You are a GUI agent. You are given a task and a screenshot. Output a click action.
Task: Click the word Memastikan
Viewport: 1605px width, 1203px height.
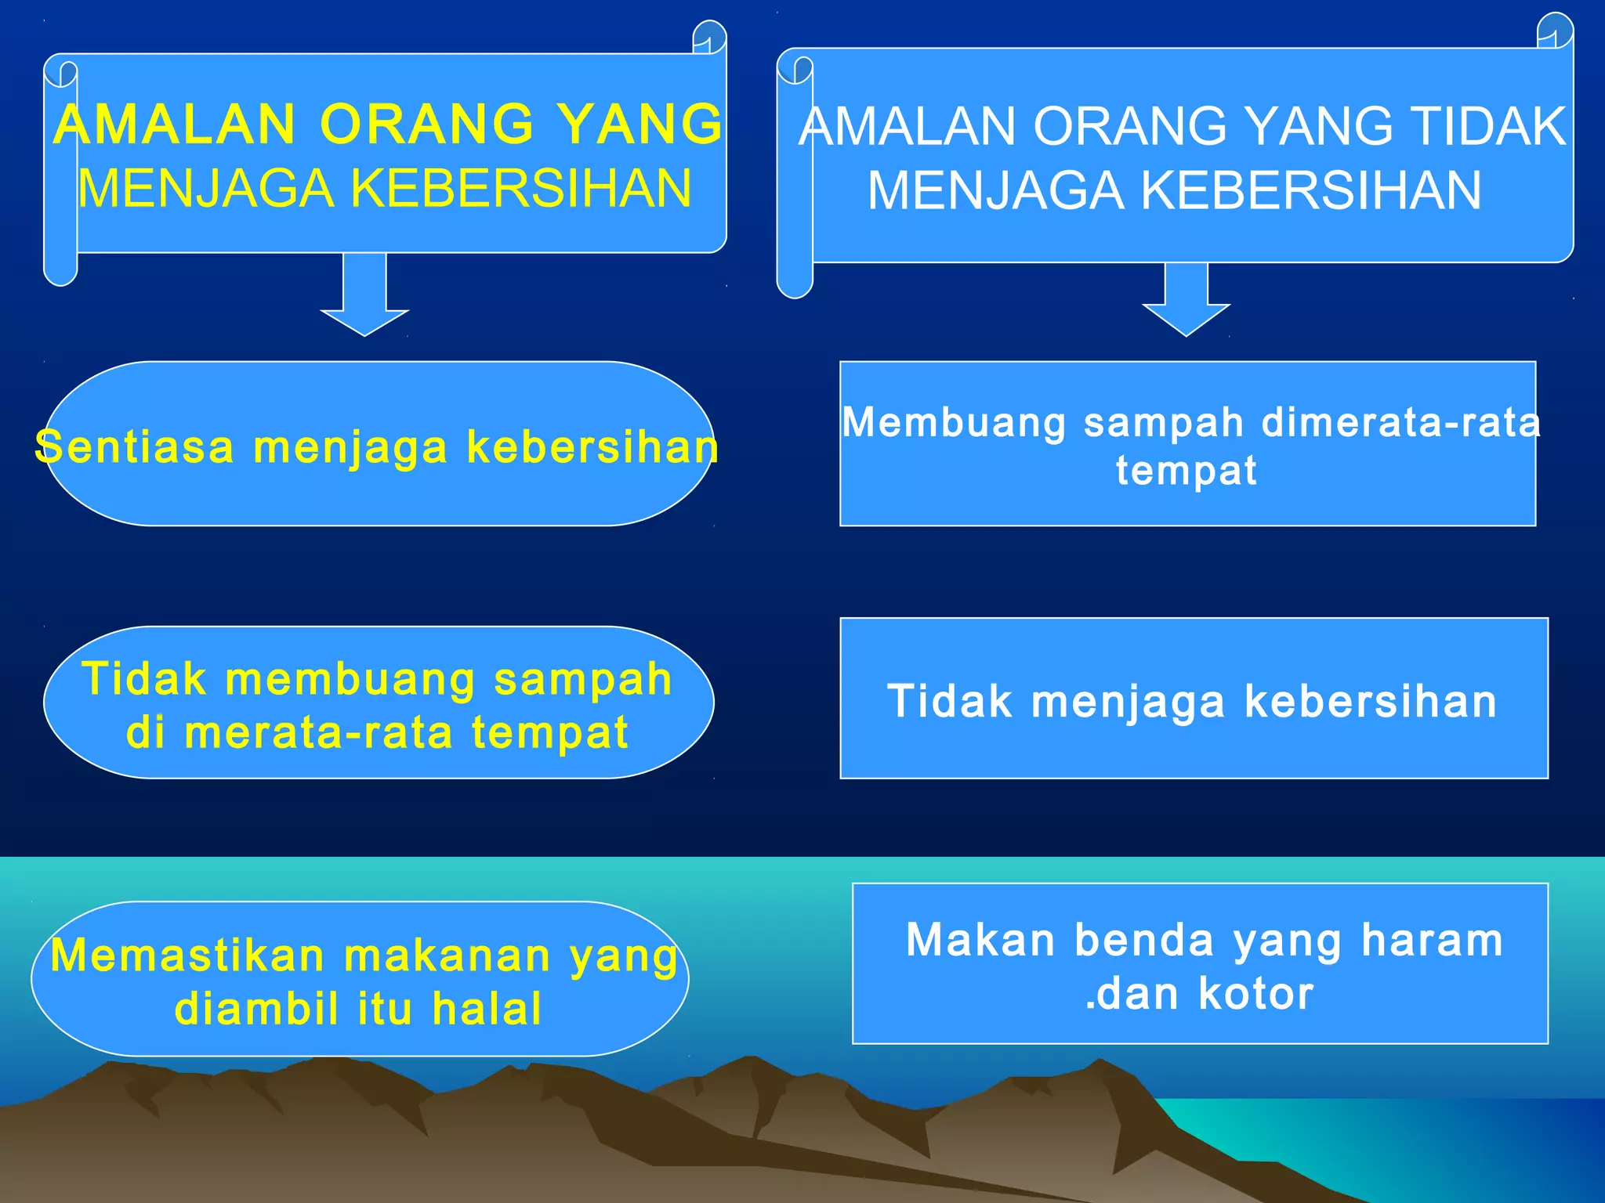tap(187, 956)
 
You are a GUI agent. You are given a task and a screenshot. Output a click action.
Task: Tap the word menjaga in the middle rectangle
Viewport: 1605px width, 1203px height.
tap(1128, 702)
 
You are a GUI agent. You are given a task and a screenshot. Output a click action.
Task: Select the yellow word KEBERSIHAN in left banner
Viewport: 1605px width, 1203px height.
tap(520, 189)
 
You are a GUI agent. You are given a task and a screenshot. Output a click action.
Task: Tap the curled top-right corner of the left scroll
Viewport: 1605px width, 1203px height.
tap(709, 38)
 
